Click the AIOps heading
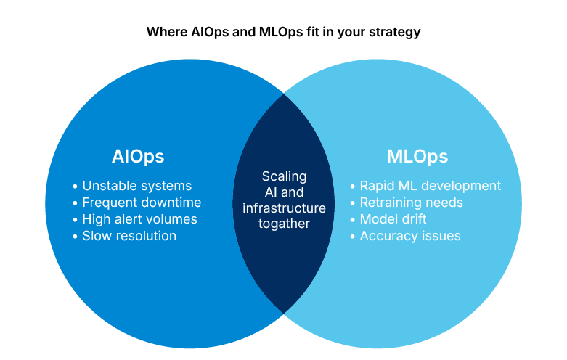point(138,156)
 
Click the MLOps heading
point(417,156)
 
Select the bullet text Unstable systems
point(136,186)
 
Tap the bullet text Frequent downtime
point(142,202)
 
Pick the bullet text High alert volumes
point(139,219)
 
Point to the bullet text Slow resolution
point(129,236)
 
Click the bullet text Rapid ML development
point(430,186)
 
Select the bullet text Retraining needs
point(411,202)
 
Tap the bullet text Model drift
point(393,219)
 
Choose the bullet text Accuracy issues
point(410,236)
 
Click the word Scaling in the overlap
point(284,176)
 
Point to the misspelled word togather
point(284,224)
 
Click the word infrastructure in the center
point(284,208)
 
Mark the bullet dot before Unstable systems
point(75,187)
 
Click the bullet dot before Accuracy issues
point(352,237)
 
